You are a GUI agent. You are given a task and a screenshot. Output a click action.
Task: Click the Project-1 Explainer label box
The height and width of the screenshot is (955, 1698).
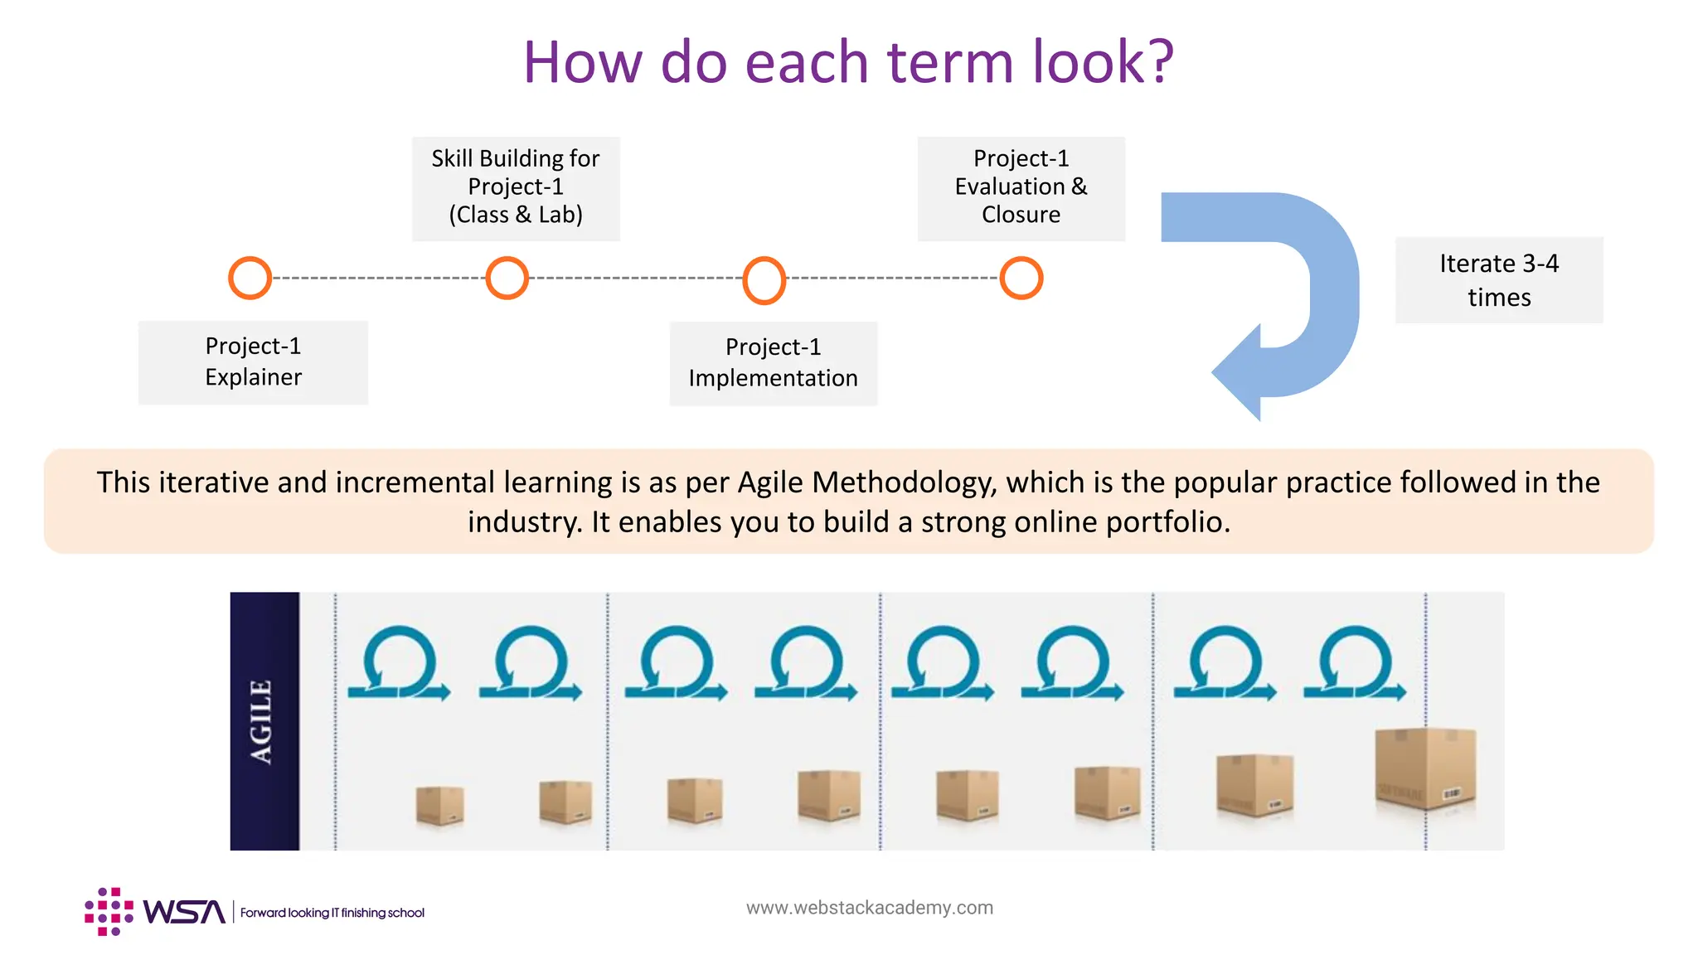pos(253,362)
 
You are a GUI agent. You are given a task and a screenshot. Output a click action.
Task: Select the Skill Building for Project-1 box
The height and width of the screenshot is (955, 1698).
pos(516,188)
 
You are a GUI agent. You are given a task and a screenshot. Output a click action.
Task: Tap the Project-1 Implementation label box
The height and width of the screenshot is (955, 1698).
pos(773,363)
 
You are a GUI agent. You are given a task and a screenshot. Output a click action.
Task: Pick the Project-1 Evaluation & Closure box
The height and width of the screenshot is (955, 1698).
pos(1021,188)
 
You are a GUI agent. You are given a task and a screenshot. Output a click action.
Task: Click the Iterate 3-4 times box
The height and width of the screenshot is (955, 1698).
pos(1498,280)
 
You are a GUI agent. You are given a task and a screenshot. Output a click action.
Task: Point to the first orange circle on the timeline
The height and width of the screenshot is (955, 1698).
pos(250,278)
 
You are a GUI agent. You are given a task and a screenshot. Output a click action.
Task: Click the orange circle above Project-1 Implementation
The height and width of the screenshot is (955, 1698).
pos(764,279)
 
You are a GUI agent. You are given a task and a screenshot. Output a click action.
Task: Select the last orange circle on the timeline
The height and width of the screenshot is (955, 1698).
pos(1021,278)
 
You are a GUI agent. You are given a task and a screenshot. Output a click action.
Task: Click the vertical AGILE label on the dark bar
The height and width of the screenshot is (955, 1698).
pos(262,721)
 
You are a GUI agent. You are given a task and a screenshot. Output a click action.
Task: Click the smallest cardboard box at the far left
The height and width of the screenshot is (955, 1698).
pos(439,805)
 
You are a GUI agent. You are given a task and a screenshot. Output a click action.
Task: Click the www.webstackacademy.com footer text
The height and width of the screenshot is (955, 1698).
pos(869,908)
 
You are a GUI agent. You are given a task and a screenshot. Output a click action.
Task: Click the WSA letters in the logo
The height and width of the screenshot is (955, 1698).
pos(184,912)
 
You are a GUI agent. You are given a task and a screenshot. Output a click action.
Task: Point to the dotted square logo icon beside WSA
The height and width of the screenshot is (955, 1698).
pos(109,912)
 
